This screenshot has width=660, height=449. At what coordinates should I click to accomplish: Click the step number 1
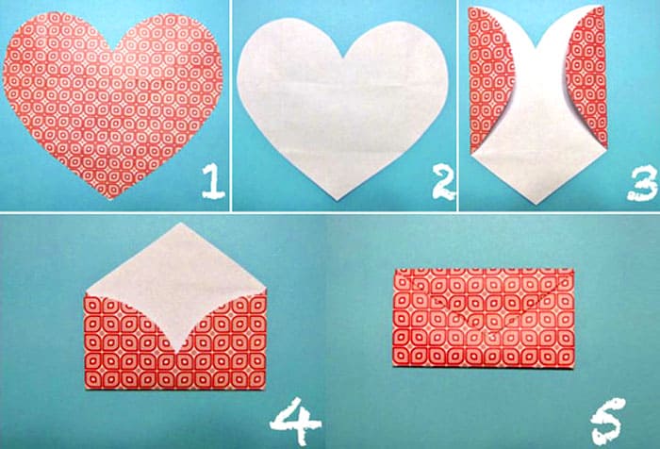pyautogui.click(x=213, y=181)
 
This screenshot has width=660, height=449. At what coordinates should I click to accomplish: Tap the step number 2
pyautogui.click(x=443, y=182)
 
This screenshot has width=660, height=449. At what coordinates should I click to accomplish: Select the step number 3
pyautogui.click(x=642, y=183)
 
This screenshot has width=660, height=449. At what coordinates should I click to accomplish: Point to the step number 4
pyautogui.click(x=295, y=422)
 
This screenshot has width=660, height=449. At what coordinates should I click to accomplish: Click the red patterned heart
pyautogui.click(x=112, y=101)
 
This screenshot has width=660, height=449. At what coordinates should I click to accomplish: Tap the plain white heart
pyautogui.click(x=341, y=106)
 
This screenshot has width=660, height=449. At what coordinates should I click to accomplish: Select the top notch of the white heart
pyautogui.click(x=345, y=57)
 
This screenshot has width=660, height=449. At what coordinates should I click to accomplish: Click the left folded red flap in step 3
pyautogui.click(x=489, y=80)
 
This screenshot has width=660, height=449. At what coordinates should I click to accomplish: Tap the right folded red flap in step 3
pyautogui.click(x=588, y=75)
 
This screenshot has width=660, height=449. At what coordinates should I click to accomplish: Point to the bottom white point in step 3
pyautogui.click(x=536, y=204)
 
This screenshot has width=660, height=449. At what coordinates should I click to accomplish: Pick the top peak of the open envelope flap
pyautogui.click(x=180, y=223)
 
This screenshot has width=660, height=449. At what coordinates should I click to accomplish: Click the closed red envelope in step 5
pyautogui.click(x=484, y=318)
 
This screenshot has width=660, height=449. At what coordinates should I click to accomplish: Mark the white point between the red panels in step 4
pyautogui.click(x=178, y=352)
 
